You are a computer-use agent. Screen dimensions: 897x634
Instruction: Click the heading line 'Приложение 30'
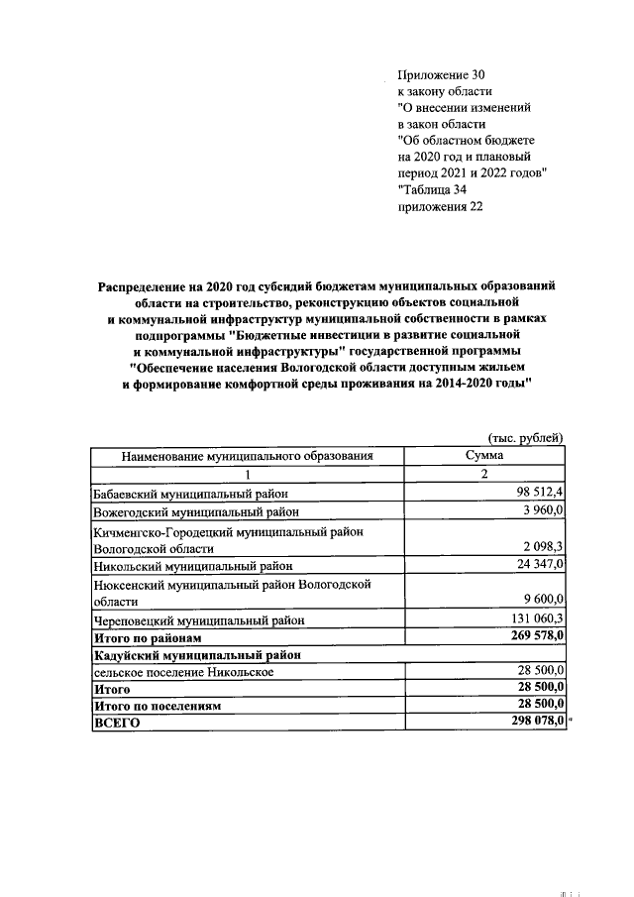coord(442,74)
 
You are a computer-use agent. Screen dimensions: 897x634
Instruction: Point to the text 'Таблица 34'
coord(433,189)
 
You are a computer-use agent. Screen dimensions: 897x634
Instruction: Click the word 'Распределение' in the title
coord(145,285)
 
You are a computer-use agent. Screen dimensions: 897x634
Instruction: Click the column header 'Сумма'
coord(484,455)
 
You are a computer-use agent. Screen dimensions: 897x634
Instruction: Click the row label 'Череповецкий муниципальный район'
coord(198,619)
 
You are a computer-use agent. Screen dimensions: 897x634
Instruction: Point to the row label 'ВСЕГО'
coord(116,724)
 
